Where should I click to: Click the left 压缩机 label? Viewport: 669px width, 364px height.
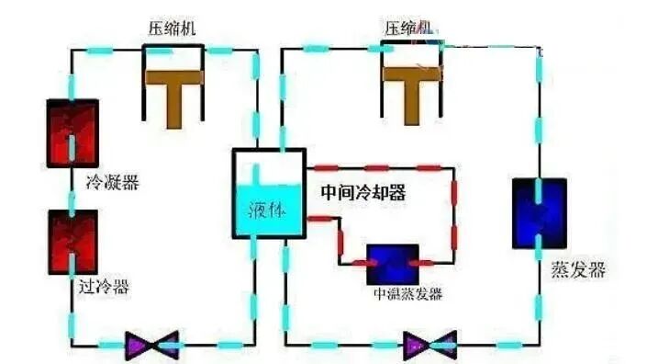click(173, 27)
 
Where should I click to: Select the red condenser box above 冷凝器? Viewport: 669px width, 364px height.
click(72, 133)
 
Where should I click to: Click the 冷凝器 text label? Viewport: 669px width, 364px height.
click(106, 183)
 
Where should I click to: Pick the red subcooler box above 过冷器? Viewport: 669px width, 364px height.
click(72, 242)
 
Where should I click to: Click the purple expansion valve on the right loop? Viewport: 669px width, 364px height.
click(429, 345)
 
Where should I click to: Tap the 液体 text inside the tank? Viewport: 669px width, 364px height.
click(266, 210)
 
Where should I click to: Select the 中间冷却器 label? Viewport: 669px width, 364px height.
click(363, 194)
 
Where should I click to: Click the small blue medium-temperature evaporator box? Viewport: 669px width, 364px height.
click(394, 265)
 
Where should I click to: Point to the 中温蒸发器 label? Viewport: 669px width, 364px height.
click(407, 294)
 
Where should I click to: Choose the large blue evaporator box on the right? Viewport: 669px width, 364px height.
click(540, 213)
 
